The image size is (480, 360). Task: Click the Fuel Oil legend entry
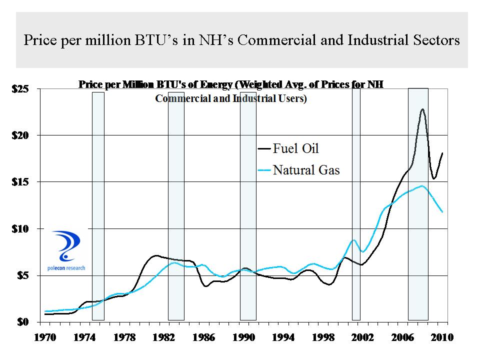(x=295, y=148)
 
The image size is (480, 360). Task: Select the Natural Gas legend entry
(x=305, y=170)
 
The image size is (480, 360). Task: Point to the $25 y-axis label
(x=20, y=89)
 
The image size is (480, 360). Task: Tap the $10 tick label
(x=20, y=228)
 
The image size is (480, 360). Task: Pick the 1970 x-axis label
(x=45, y=337)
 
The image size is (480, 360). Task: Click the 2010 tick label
(x=443, y=337)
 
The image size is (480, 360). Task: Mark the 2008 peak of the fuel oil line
(x=423, y=109)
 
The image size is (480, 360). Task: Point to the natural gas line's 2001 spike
(x=354, y=240)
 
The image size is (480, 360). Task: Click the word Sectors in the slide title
(x=434, y=40)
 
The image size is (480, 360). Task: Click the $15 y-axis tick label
(x=20, y=182)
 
